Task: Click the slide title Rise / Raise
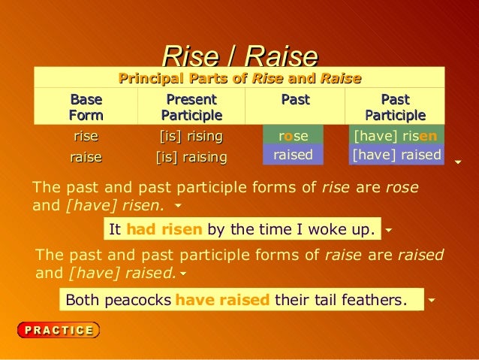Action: click(x=239, y=56)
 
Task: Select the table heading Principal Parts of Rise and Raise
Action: click(x=239, y=78)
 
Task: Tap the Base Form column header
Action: click(x=86, y=107)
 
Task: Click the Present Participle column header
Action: click(x=191, y=107)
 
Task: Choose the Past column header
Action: click(x=295, y=100)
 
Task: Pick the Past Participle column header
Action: click(x=395, y=107)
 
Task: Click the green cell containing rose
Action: click(x=293, y=136)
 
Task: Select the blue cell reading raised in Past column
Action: click(x=293, y=155)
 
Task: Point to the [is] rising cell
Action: click(x=191, y=136)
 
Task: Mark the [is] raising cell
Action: click(x=191, y=156)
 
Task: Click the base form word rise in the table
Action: click(x=86, y=136)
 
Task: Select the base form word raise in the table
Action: click(x=86, y=156)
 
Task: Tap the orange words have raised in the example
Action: click(x=222, y=301)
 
